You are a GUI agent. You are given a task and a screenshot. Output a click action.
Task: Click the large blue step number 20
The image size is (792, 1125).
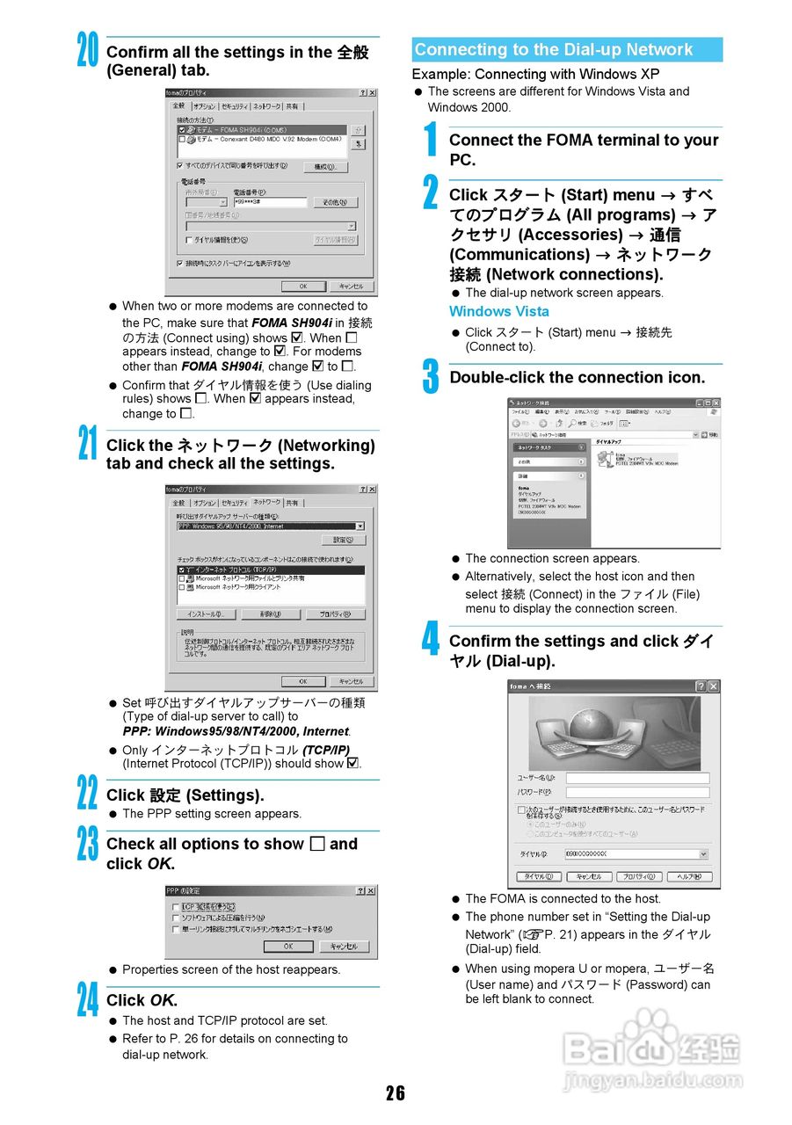pyautogui.click(x=87, y=50)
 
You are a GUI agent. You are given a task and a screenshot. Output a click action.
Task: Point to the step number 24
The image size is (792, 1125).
pyautogui.click(x=87, y=999)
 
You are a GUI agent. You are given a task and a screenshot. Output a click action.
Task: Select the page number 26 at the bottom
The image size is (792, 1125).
pyautogui.click(x=396, y=1092)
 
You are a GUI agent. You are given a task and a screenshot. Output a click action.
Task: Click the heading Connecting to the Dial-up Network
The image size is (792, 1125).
pyautogui.click(x=554, y=50)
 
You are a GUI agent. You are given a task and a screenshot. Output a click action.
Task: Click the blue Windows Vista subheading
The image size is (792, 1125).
pyautogui.click(x=498, y=311)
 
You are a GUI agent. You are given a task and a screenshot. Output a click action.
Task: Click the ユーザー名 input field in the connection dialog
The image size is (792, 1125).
pyautogui.click(x=636, y=778)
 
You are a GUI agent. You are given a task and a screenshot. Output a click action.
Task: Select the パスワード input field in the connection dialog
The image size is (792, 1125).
pyautogui.click(x=636, y=793)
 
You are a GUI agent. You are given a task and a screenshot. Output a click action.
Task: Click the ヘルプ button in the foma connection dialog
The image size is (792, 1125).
pyautogui.click(x=689, y=876)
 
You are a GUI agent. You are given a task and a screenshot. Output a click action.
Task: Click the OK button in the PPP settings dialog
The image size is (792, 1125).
pyautogui.click(x=287, y=947)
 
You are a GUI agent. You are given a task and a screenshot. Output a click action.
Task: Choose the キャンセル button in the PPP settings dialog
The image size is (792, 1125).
pyautogui.click(x=344, y=947)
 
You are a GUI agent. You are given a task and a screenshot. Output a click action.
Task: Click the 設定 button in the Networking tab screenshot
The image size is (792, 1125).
pyautogui.click(x=344, y=540)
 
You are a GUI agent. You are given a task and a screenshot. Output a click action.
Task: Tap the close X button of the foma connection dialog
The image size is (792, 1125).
pyautogui.click(x=713, y=686)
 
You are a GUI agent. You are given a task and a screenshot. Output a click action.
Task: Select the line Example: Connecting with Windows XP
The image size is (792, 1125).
pyautogui.click(x=535, y=74)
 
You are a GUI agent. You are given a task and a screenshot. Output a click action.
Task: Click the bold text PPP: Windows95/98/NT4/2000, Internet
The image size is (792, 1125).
pyautogui.click(x=236, y=731)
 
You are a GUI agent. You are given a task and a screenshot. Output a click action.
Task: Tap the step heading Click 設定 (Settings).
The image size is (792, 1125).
pyautogui.click(x=185, y=795)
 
